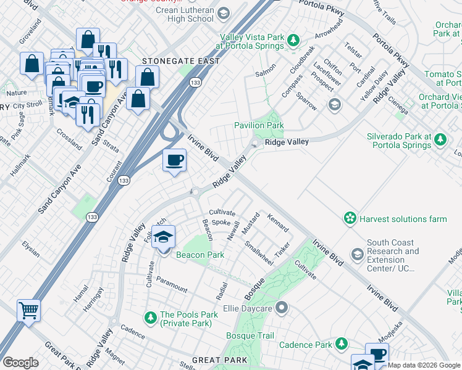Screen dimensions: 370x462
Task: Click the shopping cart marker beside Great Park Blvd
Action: pyautogui.click(x=28, y=310)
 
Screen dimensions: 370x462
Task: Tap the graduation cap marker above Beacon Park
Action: pyautogui.click(x=163, y=237)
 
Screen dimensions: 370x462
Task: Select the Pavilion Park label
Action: pyautogui.click(x=259, y=125)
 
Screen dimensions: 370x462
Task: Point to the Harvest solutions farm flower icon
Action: pyautogui.click(x=350, y=218)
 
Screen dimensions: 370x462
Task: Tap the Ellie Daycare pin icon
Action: pyautogui.click(x=282, y=306)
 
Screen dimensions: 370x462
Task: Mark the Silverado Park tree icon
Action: pyautogui.click(x=440, y=139)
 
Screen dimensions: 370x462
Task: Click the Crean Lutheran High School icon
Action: pyautogui.click(x=223, y=14)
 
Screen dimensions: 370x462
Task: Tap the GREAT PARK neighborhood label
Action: pyautogui.click(x=220, y=360)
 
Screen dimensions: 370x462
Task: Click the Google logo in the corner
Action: pyautogui.click(x=20, y=363)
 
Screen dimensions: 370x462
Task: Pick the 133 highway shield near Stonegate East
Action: pyautogui.click(x=195, y=82)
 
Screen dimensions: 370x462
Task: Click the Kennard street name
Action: pyautogui.click(x=277, y=223)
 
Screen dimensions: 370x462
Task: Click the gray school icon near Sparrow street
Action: pyautogui.click(x=335, y=104)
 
